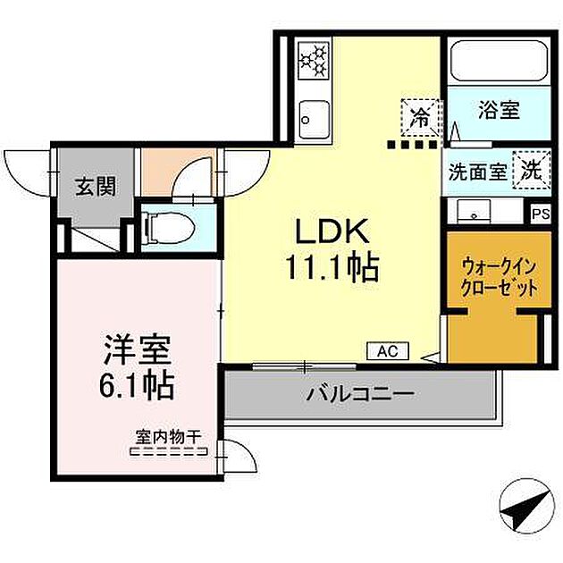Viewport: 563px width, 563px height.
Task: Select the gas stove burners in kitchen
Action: tap(313, 60)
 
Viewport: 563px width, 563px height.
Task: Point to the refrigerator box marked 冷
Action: tap(421, 114)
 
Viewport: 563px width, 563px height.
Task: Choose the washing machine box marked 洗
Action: tap(532, 170)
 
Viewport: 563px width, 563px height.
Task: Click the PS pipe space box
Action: tap(541, 214)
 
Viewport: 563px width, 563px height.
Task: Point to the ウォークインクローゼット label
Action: tap(500, 277)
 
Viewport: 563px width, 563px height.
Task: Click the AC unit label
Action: tap(387, 351)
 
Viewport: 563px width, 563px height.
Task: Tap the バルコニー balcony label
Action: tap(359, 393)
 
